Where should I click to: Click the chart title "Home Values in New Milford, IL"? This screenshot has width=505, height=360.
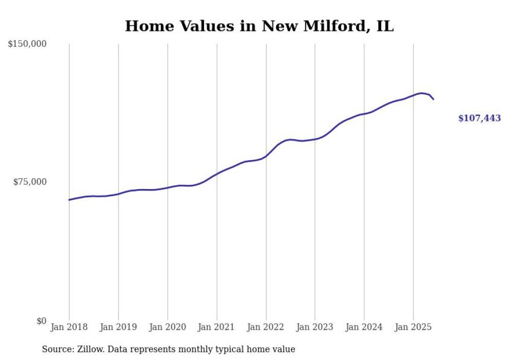tap(259, 26)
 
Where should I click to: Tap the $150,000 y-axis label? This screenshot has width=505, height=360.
tap(27, 44)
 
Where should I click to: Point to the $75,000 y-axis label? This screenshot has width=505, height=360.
tap(29, 182)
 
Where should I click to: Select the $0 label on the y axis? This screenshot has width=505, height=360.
tap(41, 321)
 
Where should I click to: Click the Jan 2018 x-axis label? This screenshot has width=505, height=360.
tap(69, 327)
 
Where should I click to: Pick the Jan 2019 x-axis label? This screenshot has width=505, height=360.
tap(119, 327)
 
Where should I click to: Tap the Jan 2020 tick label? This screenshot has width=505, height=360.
tap(167, 327)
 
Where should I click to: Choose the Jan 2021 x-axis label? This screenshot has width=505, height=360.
tap(217, 327)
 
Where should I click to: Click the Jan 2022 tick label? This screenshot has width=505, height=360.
tap(266, 327)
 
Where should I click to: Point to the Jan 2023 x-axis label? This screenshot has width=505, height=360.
tap(315, 327)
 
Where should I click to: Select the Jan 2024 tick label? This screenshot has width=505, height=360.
tap(364, 327)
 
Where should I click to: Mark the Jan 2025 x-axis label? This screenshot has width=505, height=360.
tap(413, 327)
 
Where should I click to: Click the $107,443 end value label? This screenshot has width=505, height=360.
tap(479, 118)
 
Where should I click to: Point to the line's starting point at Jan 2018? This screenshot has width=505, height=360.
tap(69, 200)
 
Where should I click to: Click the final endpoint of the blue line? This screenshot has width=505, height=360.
tap(433, 99)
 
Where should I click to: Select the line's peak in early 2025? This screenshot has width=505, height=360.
tap(422, 93)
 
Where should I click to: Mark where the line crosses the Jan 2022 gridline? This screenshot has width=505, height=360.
tap(266, 156)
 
